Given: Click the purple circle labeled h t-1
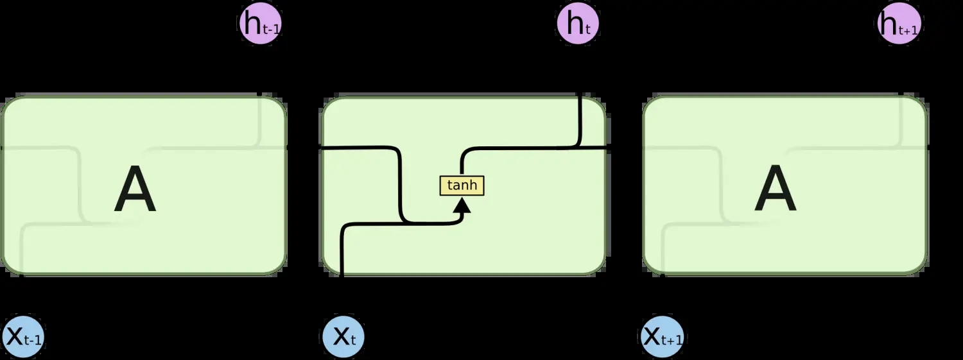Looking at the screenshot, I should (260, 24).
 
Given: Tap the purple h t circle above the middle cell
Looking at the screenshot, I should (578, 24).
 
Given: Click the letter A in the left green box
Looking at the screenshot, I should (135, 191).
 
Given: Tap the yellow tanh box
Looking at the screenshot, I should (462, 185).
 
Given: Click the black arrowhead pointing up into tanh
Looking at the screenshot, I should (462, 205).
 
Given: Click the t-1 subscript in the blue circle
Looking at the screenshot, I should (33, 341).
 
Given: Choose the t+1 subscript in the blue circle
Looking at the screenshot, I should (673, 341).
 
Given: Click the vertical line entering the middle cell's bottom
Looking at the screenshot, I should (342, 257).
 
